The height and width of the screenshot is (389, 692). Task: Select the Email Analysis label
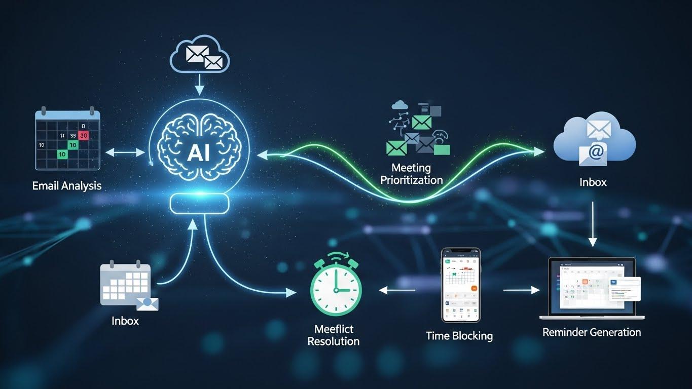(x=67, y=186)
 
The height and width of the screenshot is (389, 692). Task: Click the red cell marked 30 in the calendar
(x=84, y=135)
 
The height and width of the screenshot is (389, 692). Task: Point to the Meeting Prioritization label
(x=411, y=173)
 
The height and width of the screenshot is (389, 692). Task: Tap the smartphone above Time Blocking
(x=460, y=285)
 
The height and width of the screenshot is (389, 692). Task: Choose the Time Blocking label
(x=459, y=335)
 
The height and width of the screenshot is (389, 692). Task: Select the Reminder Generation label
(x=592, y=332)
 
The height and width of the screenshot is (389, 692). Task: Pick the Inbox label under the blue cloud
(x=593, y=182)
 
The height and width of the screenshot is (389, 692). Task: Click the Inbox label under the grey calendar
(x=125, y=321)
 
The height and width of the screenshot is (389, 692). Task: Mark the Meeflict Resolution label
(x=333, y=335)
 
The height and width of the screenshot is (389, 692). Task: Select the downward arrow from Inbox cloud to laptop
(x=593, y=223)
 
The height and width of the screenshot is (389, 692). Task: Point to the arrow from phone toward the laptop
(x=521, y=290)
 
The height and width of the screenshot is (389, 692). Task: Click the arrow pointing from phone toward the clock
(x=397, y=290)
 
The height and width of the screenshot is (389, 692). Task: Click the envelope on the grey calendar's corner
(x=148, y=303)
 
